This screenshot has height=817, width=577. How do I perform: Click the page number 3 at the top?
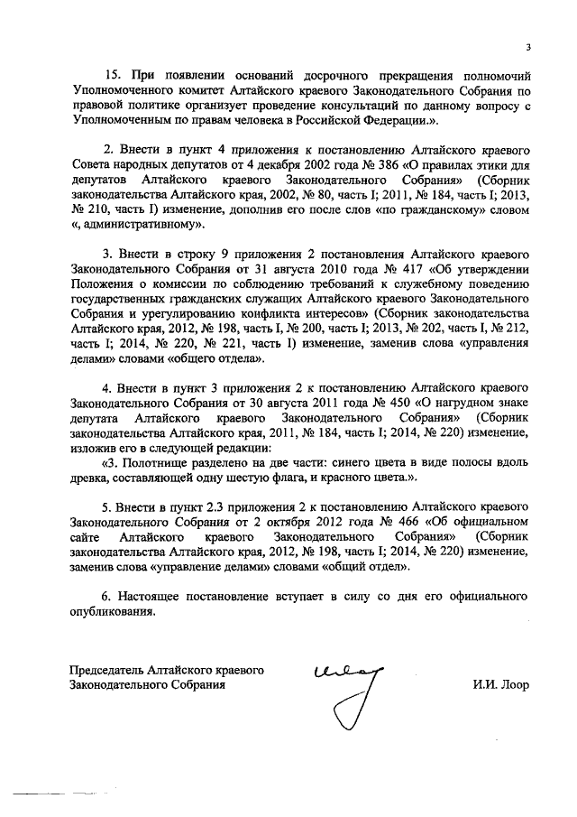(x=528, y=49)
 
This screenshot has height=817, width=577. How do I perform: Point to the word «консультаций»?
(x=385, y=105)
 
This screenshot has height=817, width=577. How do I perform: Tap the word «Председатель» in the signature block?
(x=110, y=670)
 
